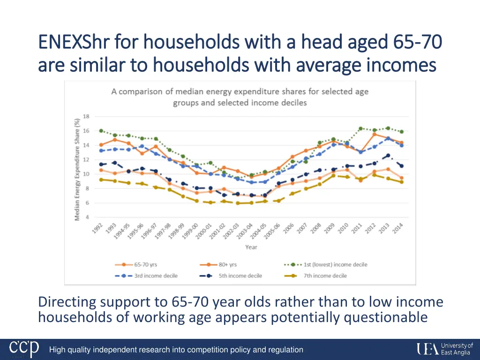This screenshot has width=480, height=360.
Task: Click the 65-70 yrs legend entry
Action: [136, 265]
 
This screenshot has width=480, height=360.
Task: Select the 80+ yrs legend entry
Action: [220, 265]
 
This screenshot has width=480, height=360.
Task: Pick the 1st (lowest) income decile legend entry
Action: [325, 265]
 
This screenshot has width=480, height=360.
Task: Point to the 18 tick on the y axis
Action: [86, 116]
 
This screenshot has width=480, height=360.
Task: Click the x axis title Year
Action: [251, 247]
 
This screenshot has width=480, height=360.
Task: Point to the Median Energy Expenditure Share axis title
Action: [76, 169]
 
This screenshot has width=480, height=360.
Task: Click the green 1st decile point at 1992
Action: [101, 131]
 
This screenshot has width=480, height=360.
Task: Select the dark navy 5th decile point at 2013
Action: [388, 156]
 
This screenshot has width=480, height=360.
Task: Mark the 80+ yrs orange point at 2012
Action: [374, 135]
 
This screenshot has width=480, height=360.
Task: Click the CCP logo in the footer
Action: [25, 349]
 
